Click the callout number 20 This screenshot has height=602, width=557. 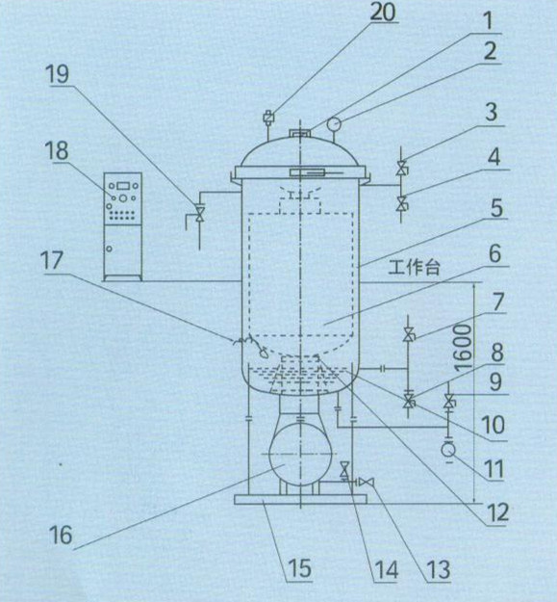(x=383, y=12)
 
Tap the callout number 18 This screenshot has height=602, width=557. (x=58, y=151)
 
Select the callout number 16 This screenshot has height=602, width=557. (x=62, y=534)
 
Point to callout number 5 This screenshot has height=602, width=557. (x=496, y=208)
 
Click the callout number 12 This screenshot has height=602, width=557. (x=497, y=512)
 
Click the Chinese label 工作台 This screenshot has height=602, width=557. (x=414, y=267)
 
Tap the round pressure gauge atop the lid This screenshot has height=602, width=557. (x=334, y=123)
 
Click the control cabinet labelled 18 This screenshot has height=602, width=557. (x=123, y=226)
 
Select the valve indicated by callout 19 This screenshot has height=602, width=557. (x=200, y=214)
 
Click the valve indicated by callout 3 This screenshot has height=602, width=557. (x=402, y=169)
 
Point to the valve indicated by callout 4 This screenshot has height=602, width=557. (x=402, y=203)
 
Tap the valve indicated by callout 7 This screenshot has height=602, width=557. (x=408, y=335)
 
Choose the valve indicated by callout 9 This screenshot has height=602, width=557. (x=448, y=402)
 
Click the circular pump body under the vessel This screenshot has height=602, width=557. (x=300, y=454)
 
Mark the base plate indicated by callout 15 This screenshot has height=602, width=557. (x=300, y=499)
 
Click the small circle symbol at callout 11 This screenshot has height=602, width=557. (x=447, y=449)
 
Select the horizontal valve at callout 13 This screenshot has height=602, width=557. (x=367, y=482)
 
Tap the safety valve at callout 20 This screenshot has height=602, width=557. (x=268, y=117)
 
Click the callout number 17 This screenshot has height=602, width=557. (x=52, y=261)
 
